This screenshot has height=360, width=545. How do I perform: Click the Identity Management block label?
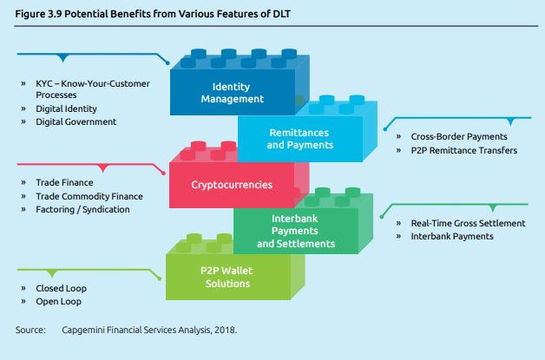[233, 93]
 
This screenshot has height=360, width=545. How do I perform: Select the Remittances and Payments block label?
[300, 139]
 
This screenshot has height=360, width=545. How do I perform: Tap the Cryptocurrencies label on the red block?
[232, 185]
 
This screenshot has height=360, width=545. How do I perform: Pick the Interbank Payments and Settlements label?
[296, 231]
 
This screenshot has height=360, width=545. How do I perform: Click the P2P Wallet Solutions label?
[227, 277]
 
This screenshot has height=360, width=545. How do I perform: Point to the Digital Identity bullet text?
[66, 108]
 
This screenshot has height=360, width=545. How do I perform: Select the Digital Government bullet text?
[76, 122]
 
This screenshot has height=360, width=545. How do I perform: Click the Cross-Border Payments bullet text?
[459, 136]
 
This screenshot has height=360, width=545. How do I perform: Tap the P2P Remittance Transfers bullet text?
[464, 150]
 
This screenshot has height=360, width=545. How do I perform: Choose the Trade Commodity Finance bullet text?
[89, 196]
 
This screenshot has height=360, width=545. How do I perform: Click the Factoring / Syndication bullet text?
[82, 210]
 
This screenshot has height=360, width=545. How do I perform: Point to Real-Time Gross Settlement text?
[468, 223]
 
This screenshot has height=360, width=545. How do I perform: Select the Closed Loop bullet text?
[61, 288]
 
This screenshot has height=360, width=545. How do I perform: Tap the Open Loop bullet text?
[58, 301]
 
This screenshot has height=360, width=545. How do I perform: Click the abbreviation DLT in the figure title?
[280, 14]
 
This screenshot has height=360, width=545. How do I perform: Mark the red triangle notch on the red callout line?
[102, 168]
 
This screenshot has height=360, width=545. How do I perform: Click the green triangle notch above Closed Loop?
[52, 273]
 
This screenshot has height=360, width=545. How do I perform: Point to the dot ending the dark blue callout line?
[167, 63]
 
